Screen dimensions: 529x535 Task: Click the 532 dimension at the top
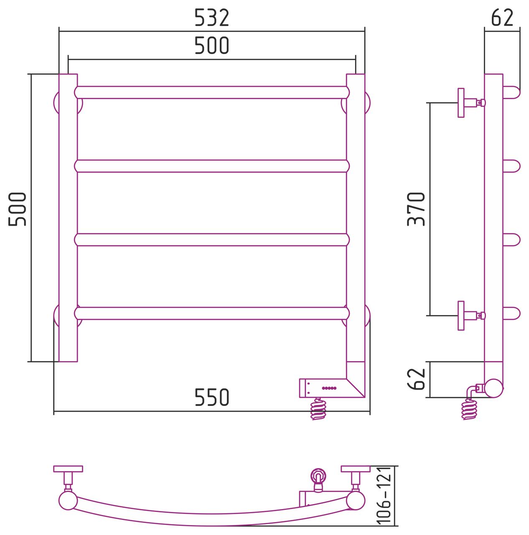click(x=211, y=18)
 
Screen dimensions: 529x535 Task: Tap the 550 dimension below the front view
click(x=211, y=397)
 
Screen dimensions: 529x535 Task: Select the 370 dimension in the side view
click(x=416, y=209)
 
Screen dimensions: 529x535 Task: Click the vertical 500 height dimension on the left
click(x=17, y=209)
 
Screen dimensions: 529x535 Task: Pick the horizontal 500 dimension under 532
click(x=211, y=45)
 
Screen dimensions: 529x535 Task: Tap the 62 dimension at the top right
click(x=502, y=18)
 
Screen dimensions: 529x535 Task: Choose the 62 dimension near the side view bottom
click(x=416, y=379)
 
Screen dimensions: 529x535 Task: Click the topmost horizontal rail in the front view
click(x=211, y=92)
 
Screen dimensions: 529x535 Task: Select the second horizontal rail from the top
click(x=211, y=166)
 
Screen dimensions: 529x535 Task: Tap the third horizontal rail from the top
click(x=211, y=239)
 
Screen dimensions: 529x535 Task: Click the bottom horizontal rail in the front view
click(x=211, y=313)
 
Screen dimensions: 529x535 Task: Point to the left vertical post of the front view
click(x=68, y=218)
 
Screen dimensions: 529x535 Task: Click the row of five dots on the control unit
click(x=329, y=388)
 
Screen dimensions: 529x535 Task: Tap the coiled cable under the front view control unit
click(x=318, y=409)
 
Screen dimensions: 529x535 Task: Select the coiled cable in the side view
click(x=469, y=409)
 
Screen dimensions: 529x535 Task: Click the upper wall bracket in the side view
click(x=471, y=103)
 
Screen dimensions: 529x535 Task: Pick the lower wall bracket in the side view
click(x=471, y=316)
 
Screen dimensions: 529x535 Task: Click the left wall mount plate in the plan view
click(x=68, y=469)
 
